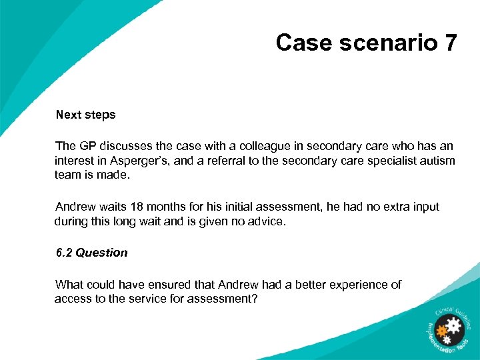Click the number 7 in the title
(450, 43)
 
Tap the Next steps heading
(85, 115)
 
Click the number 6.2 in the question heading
(64, 253)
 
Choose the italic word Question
(101, 253)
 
